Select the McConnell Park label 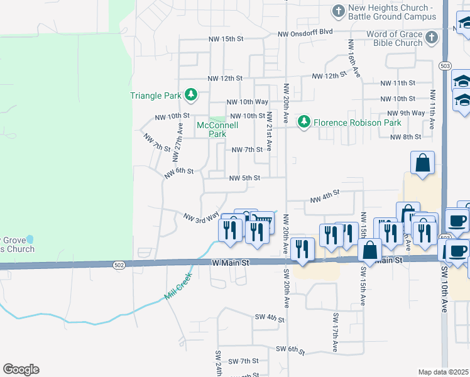[217, 129]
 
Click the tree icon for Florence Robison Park [304, 122]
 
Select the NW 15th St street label [226, 39]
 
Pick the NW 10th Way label [248, 102]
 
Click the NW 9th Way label [405, 113]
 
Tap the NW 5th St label [244, 178]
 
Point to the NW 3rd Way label [200, 217]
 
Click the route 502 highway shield [119, 266]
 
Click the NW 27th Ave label [180, 139]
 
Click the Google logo [21, 369]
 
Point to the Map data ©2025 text [443, 372]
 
